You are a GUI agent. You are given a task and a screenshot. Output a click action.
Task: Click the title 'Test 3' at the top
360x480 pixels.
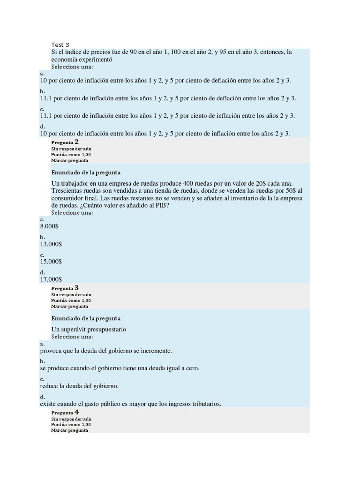(x=60, y=45)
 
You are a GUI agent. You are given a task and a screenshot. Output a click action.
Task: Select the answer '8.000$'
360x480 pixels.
(x=49, y=226)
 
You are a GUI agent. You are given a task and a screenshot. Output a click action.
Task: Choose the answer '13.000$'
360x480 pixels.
(x=51, y=244)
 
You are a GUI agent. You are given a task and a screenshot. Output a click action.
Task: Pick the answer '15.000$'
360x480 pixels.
(x=51, y=262)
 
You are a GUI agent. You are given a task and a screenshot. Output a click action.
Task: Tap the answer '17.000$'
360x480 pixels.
(x=51, y=279)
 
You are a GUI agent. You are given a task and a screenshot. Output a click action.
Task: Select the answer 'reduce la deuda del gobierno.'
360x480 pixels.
(x=79, y=386)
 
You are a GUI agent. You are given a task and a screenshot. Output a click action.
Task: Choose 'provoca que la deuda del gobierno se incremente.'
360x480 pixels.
(x=106, y=351)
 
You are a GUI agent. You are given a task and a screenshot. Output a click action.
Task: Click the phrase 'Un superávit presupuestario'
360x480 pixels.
(x=89, y=329)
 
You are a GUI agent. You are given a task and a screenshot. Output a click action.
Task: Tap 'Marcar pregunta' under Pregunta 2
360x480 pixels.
(x=69, y=160)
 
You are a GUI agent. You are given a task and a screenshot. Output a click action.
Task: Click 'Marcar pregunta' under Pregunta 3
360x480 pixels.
(x=69, y=306)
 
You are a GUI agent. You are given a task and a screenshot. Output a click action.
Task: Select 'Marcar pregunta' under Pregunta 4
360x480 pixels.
(x=69, y=430)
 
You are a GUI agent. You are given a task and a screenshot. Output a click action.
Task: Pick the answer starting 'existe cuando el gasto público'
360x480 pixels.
(x=130, y=404)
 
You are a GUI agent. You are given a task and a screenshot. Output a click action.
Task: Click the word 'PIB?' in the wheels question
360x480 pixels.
(x=162, y=205)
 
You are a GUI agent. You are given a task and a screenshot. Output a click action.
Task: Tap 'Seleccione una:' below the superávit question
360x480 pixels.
(x=72, y=337)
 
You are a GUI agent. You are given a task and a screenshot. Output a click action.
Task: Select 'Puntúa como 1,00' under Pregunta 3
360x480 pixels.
(x=71, y=300)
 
